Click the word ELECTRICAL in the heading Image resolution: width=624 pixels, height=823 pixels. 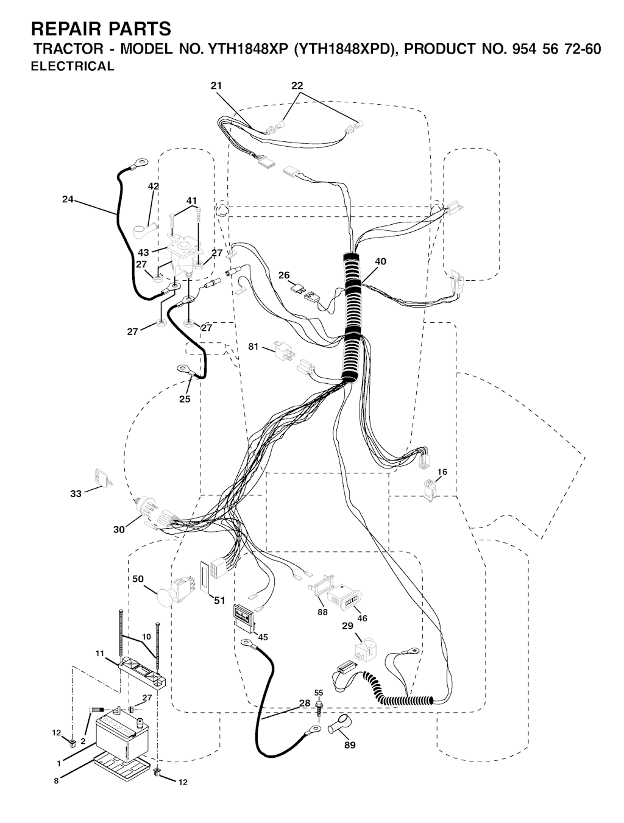pyautogui.click(x=73, y=66)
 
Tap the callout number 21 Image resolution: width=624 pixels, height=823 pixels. pyautogui.click(x=216, y=85)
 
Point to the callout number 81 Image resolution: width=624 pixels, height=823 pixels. pyautogui.click(x=253, y=347)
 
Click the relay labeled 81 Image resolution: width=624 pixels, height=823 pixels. pyautogui.click(x=284, y=350)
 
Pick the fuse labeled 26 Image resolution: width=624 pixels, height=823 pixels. pyautogui.click(x=297, y=288)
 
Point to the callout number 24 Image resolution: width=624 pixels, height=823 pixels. pyautogui.click(x=68, y=199)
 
